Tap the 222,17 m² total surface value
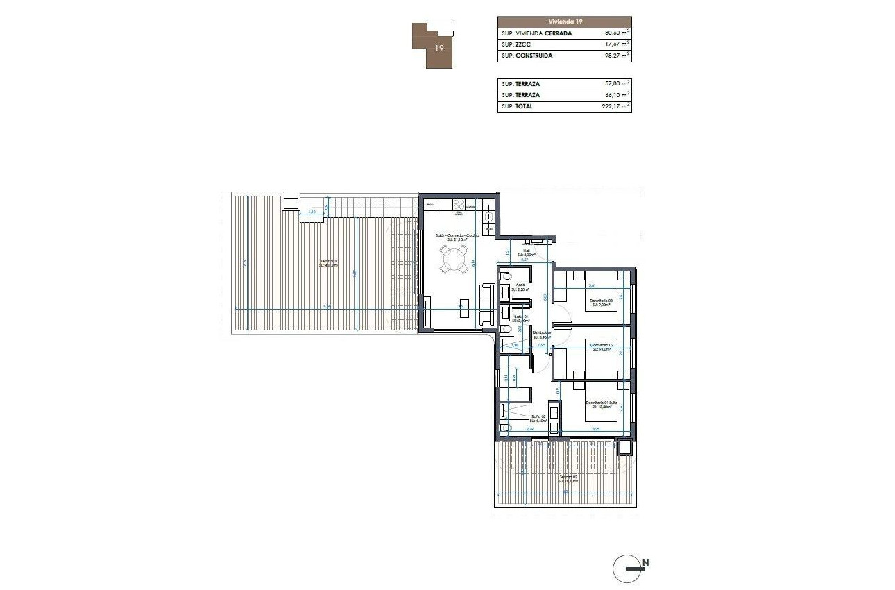(x=615, y=107)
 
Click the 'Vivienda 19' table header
(x=564, y=22)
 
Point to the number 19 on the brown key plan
(x=439, y=49)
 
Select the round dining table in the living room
(x=452, y=261)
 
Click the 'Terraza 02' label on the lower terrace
(x=569, y=477)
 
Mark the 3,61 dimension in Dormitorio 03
(x=593, y=285)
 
